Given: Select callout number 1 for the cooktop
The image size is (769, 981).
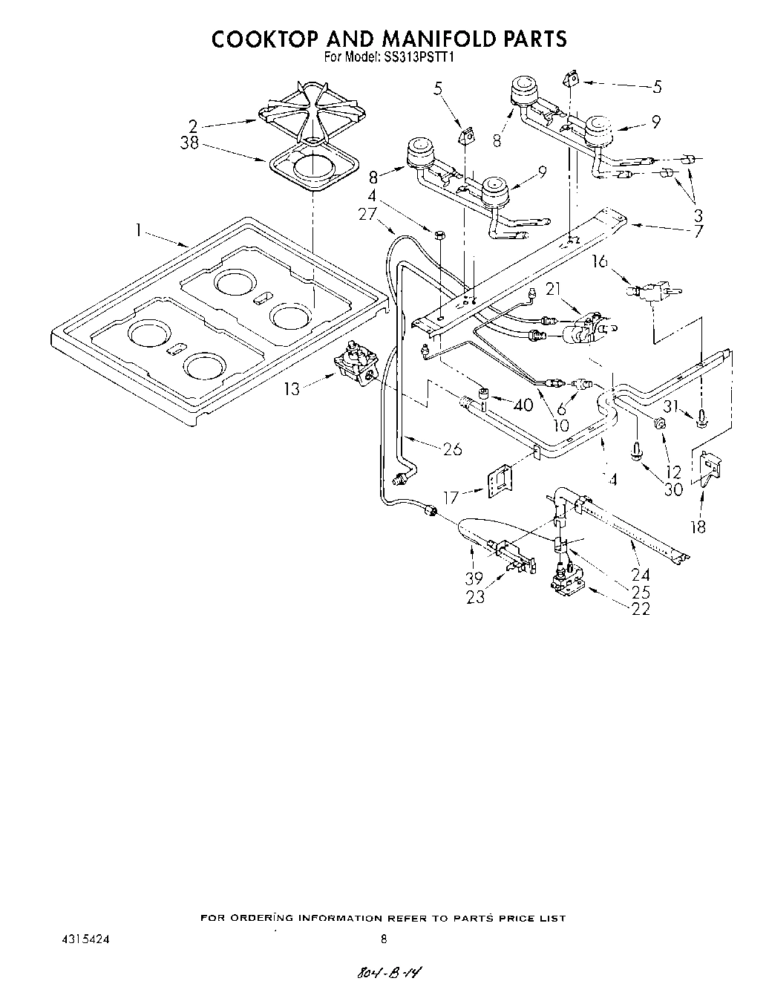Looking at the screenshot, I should pyautogui.click(x=139, y=230).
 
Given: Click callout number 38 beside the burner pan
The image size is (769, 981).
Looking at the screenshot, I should pyautogui.click(x=189, y=143).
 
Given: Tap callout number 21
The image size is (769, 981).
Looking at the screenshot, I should pyautogui.click(x=553, y=289).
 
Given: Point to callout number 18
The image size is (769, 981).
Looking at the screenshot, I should pyautogui.click(x=698, y=527).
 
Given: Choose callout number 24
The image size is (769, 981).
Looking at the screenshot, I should pyautogui.click(x=640, y=574).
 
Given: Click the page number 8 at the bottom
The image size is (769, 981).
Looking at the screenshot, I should pyautogui.click(x=383, y=939).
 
